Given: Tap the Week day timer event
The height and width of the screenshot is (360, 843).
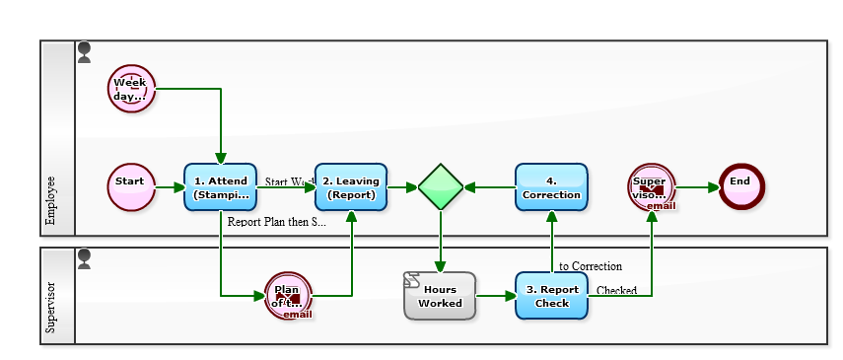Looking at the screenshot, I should (x=131, y=89).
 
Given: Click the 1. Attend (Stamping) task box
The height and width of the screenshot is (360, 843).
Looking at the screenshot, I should (x=220, y=187).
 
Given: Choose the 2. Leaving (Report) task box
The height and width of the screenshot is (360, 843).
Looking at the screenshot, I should (x=351, y=187).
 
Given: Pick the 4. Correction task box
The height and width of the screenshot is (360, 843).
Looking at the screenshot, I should (x=551, y=187).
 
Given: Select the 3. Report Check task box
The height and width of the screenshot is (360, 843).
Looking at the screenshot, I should (x=551, y=296).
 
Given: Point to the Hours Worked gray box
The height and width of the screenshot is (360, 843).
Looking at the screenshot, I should (x=440, y=296).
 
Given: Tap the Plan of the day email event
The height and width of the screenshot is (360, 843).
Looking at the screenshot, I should (x=288, y=296).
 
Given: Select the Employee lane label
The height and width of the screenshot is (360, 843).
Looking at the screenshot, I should (x=50, y=202).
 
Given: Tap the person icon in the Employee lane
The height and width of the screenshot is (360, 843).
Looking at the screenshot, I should (x=84, y=51).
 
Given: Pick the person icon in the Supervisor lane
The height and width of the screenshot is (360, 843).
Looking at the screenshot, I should (x=84, y=258).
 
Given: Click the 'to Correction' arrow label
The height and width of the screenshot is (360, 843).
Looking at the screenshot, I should (x=590, y=266).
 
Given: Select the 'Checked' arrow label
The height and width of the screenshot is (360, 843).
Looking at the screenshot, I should (x=616, y=290).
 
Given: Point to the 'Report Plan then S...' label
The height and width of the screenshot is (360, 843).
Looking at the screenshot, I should (x=276, y=223).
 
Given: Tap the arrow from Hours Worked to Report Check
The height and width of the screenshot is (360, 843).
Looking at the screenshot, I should (x=495, y=296).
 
